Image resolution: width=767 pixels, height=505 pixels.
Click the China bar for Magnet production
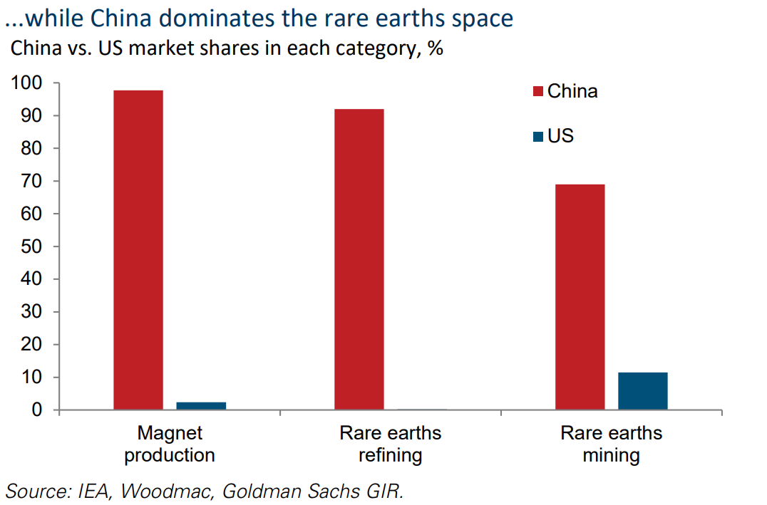138,249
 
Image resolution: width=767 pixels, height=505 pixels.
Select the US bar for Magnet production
201,406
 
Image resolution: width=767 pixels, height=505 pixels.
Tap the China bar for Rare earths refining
359,259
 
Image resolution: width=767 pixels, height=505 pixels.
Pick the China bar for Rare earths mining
580,297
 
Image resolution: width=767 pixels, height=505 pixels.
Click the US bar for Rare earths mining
643,391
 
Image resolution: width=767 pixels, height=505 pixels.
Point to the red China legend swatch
537,92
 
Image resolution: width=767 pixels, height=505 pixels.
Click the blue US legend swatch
537,136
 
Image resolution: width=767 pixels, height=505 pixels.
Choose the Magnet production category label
170,444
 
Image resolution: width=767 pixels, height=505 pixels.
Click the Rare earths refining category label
391,444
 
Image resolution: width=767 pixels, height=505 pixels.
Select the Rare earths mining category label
612,444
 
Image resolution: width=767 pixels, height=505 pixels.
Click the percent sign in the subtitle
436,51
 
